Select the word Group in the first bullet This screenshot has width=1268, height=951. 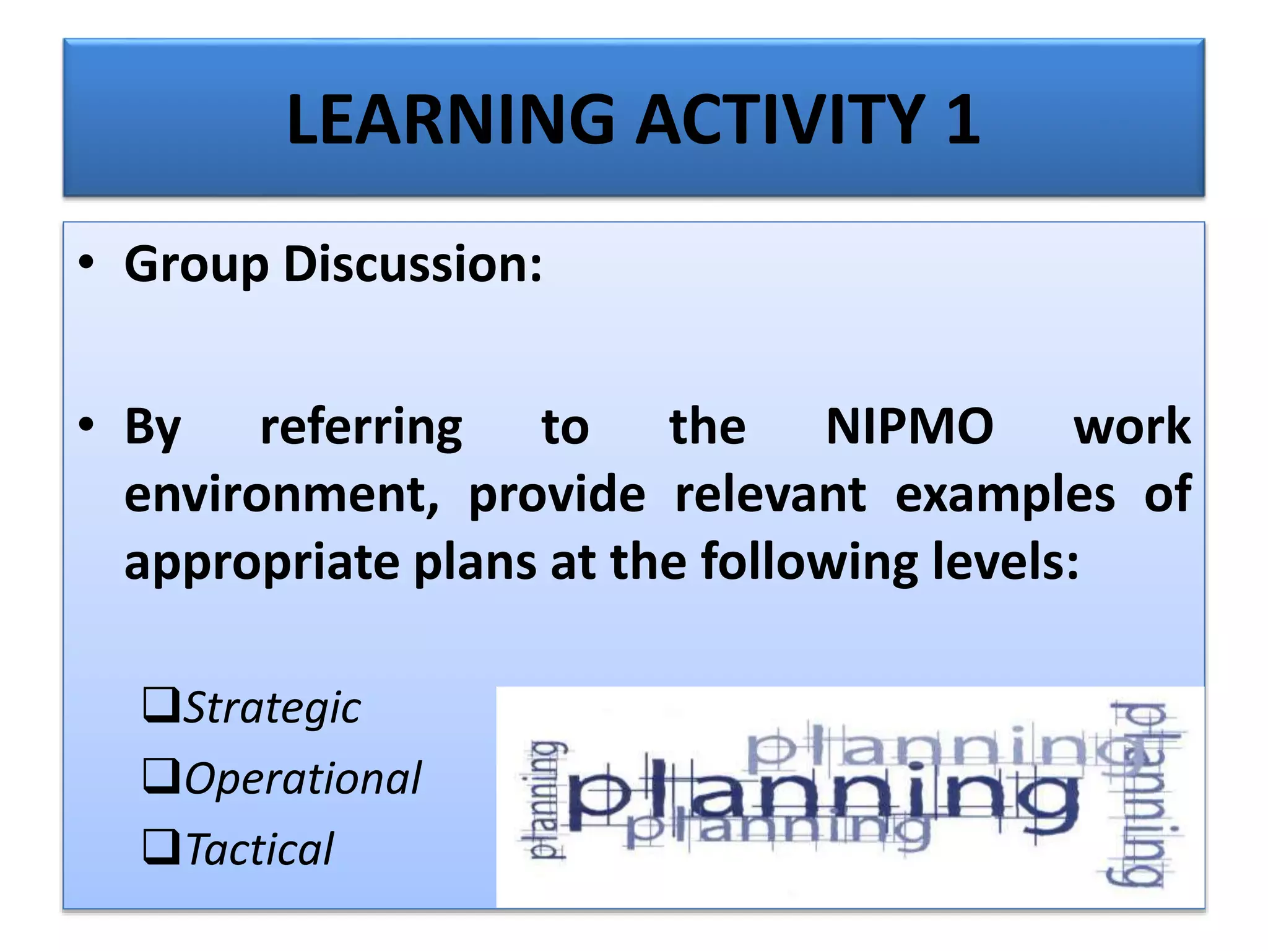196,265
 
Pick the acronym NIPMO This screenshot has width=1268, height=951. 910,427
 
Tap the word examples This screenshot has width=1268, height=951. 1005,495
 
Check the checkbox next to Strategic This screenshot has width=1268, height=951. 162,705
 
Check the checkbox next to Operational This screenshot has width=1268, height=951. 162,776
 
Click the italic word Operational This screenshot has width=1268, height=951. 303,778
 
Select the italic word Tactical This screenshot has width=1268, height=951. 260,849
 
